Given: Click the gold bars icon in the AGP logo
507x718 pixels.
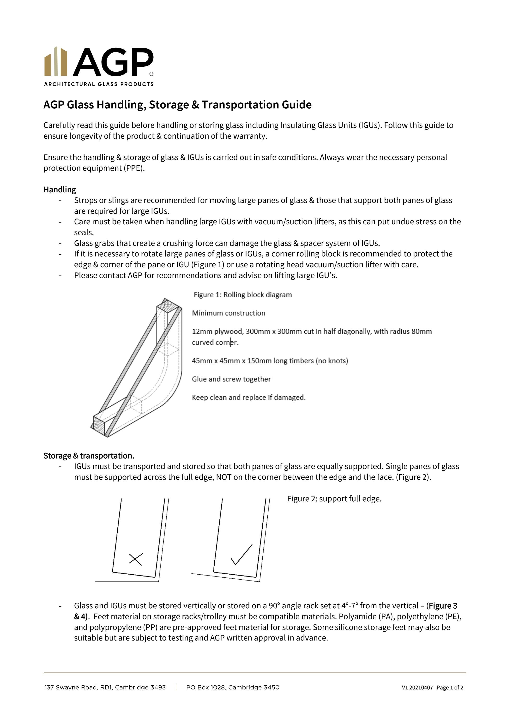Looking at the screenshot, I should [56, 62].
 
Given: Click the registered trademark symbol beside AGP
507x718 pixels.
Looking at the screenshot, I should [151, 74].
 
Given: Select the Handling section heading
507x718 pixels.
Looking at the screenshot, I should [60, 190].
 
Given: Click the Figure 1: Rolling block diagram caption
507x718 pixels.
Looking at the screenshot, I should [242, 295].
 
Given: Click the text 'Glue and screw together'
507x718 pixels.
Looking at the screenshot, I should [231, 379].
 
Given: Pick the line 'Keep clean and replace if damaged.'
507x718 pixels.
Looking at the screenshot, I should [248, 398].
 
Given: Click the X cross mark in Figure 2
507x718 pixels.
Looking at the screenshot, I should [136, 559].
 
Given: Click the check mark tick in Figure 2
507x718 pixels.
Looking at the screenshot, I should [241, 555].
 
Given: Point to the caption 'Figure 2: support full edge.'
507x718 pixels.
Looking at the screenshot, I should [334, 499].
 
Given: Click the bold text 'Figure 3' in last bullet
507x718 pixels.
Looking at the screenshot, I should [443, 606].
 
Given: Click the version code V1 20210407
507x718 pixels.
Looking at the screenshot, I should [417, 688].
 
